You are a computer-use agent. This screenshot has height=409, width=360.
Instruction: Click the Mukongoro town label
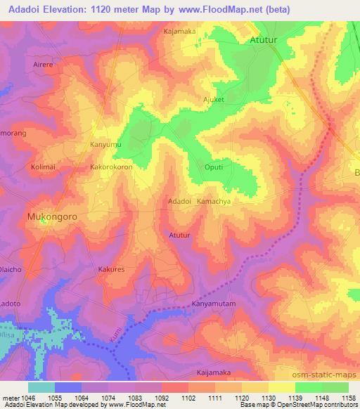[51, 217]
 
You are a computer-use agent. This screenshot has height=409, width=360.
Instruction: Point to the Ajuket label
[214, 100]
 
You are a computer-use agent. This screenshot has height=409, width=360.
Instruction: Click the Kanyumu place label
[106, 145]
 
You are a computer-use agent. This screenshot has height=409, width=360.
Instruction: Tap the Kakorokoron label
[111, 168]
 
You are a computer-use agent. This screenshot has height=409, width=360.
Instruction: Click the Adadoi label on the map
[180, 201]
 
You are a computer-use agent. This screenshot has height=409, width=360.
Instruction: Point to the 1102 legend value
[188, 398]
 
